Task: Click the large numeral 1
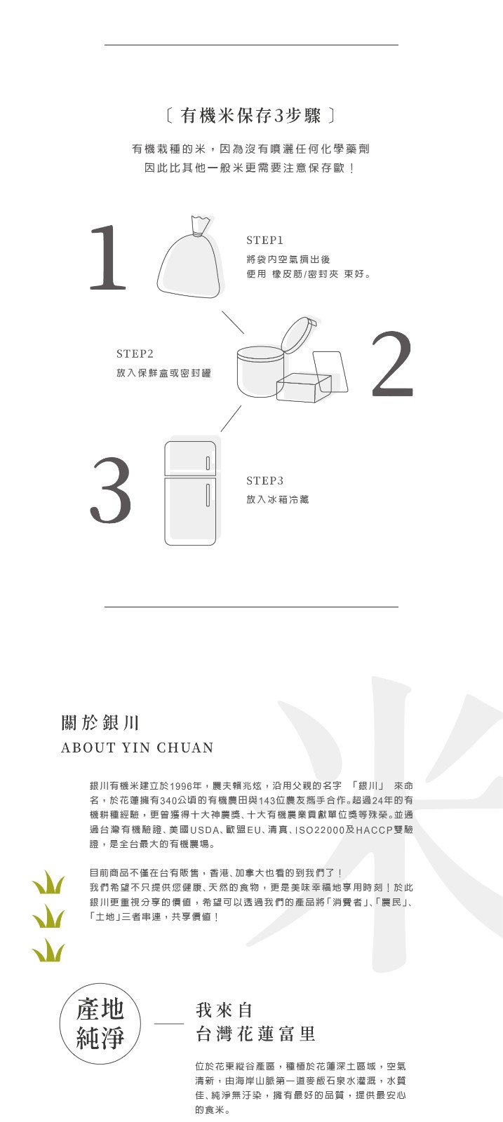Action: (108, 257)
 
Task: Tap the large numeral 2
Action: (393, 364)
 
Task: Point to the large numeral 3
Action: (112, 490)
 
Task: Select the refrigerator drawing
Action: (190, 494)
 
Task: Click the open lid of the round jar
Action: (298, 334)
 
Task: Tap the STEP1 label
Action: (265, 241)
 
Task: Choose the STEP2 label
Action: (135, 353)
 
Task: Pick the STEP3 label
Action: (265, 481)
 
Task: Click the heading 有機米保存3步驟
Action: (251, 116)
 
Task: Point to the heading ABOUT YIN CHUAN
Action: (138, 748)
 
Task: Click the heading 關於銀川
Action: (100, 723)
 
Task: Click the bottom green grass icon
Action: (48, 950)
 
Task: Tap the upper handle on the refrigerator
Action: (207, 463)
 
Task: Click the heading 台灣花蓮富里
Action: (255, 1034)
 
